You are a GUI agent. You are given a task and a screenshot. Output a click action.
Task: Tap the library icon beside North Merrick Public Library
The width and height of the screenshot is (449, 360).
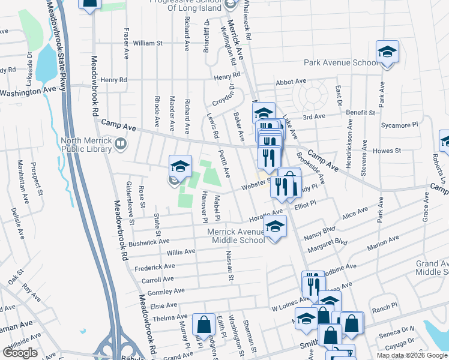(x=121, y=143)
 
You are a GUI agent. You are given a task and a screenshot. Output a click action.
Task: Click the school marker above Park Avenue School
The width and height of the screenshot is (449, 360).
(x=387, y=52)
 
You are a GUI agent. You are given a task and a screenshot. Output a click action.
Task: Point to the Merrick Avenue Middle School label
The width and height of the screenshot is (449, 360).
(x=236, y=236)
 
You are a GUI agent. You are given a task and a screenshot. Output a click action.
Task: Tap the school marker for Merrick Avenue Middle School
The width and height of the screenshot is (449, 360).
(x=275, y=227)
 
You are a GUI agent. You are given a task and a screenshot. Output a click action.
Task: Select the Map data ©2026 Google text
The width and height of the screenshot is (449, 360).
(x=412, y=355)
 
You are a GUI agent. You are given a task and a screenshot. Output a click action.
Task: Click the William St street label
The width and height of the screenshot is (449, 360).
(x=148, y=43)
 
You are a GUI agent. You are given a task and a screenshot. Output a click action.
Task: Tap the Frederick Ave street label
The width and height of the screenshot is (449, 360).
(x=154, y=266)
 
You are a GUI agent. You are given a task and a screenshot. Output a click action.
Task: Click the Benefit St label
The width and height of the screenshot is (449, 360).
(x=360, y=112)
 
